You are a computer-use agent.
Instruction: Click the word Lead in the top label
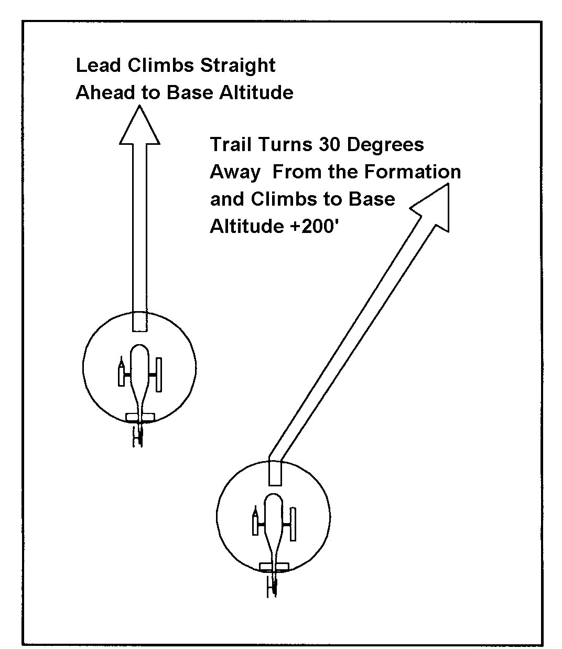(98, 65)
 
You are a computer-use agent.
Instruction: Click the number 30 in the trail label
(329, 144)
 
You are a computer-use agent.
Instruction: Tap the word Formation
(412, 172)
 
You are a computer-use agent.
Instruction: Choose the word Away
(235, 173)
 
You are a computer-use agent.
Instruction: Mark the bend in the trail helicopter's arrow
(275, 456)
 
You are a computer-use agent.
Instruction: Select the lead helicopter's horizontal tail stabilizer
(140, 417)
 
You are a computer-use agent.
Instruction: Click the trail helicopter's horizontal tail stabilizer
(274, 567)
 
